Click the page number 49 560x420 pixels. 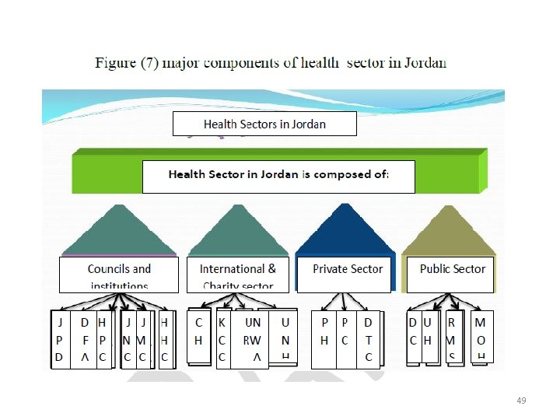click(x=521, y=401)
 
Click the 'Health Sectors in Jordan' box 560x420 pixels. click(x=264, y=124)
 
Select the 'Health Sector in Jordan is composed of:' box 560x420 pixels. click(x=278, y=176)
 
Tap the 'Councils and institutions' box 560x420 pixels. click(x=119, y=275)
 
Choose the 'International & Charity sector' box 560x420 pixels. click(x=237, y=275)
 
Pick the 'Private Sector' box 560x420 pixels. click(x=348, y=273)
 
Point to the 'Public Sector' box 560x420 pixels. click(x=452, y=274)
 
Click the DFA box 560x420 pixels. click(x=84, y=339)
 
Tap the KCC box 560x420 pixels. click(x=222, y=339)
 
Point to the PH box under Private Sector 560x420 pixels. click(x=324, y=339)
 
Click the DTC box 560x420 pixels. click(x=368, y=339)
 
